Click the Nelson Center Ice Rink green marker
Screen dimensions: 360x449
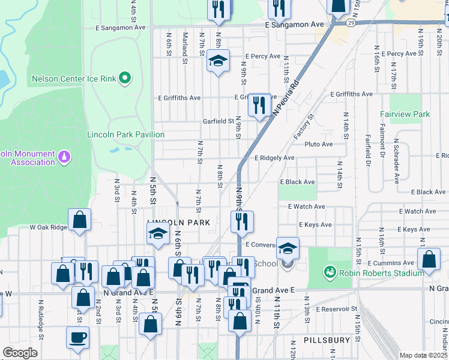[x=125, y=78]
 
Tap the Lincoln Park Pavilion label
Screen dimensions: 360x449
[x=125, y=134]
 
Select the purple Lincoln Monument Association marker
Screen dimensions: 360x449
[x=64, y=158]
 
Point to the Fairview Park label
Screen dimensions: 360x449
[x=405, y=113]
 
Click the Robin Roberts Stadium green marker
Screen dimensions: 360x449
[x=328, y=272]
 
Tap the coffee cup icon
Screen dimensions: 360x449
[x=77, y=337]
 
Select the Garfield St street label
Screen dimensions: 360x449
[x=218, y=121]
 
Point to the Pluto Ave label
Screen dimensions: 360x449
[x=318, y=144]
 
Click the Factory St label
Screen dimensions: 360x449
[x=304, y=127]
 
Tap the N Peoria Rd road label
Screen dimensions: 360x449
[x=285, y=96]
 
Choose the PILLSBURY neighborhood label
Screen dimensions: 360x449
[x=327, y=340]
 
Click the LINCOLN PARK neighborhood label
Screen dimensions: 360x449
[x=179, y=223]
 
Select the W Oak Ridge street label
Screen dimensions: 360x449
[x=49, y=227]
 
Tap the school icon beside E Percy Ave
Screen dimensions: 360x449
[x=218, y=61]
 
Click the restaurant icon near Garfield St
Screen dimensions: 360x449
[x=259, y=106]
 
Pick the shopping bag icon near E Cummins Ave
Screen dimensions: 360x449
[x=429, y=261]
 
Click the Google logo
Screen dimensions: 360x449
[x=20, y=353]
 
